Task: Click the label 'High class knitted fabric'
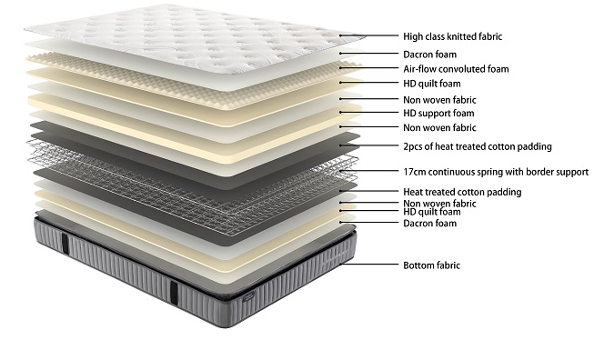click(x=452, y=37)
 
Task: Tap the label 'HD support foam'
click(x=439, y=113)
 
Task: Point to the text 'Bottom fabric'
click(x=431, y=265)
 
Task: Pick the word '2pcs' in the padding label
click(x=414, y=146)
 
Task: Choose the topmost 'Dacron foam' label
click(x=430, y=54)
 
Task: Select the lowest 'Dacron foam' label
click(x=430, y=223)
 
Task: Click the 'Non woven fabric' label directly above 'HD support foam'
click(x=439, y=99)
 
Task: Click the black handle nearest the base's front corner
click(x=173, y=290)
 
